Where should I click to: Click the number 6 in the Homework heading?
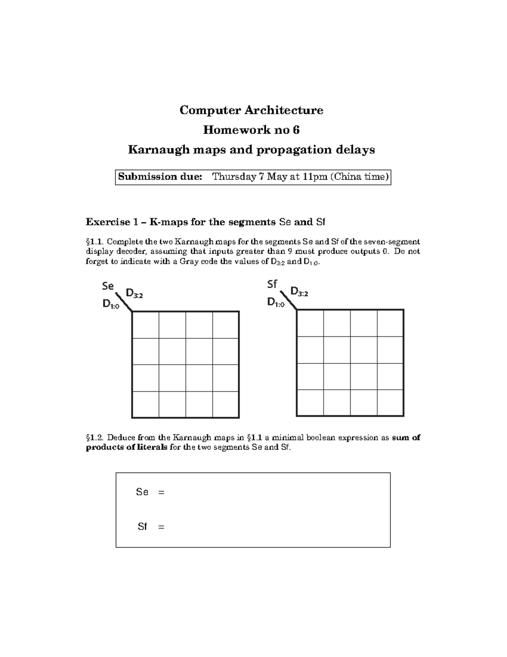[296, 130]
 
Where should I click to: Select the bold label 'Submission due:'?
[160, 177]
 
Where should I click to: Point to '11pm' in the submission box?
[315, 177]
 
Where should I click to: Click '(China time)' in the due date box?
[359, 177]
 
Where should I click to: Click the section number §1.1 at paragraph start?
[95, 242]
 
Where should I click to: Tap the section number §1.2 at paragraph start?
[95, 438]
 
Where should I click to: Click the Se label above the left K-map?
[108, 286]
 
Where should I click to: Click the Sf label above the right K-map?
[272, 284]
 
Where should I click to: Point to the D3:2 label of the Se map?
[134, 293]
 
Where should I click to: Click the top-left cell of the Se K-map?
[146, 325]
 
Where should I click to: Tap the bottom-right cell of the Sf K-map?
[390, 403]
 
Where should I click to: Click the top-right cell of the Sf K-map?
[390, 323]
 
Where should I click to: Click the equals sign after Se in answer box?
[161, 492]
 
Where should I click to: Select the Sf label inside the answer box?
[142, 527]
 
